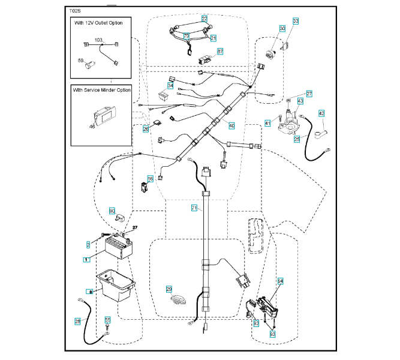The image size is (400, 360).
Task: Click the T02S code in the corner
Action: coord(76,10)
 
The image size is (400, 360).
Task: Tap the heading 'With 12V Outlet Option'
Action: coord(101,23)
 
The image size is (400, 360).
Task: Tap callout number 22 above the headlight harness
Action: coord(205,19)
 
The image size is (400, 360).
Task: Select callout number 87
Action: coord(220,52)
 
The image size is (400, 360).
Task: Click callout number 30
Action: coord(282,29)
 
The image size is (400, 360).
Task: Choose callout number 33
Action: coord(295,21)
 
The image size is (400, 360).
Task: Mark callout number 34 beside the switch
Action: coord(171,86)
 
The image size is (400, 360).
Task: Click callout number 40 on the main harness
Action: coord(231,126)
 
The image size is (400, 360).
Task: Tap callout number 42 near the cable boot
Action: coord(321,113)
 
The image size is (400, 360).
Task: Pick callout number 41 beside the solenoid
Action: coord(267,123)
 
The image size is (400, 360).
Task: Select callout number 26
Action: coord(146,129)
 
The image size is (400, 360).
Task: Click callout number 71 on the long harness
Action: coord(194,208)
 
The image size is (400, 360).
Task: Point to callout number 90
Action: coord(112,211)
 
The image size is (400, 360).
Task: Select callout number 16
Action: coord(151,179)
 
